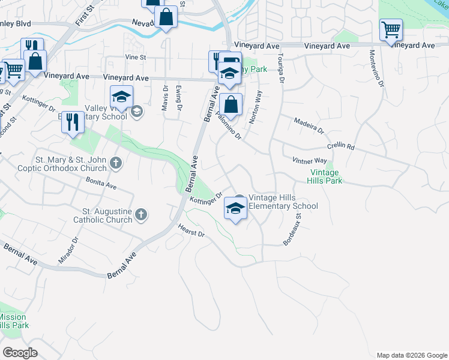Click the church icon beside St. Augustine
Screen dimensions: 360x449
pos(140,215)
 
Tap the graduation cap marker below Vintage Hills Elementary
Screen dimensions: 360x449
pos(235,209)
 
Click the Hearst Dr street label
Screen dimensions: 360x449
pos(191,230)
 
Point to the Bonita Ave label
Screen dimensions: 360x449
pos(101,183)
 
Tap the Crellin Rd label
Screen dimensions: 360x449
pos(341,146)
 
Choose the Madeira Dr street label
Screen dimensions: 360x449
pos(309,126)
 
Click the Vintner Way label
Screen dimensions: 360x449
pos(309,161)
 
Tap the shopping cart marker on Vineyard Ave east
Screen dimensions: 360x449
pos(391,30)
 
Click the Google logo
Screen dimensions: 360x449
pos(20,353)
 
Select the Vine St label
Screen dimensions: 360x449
pos(136,57)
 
